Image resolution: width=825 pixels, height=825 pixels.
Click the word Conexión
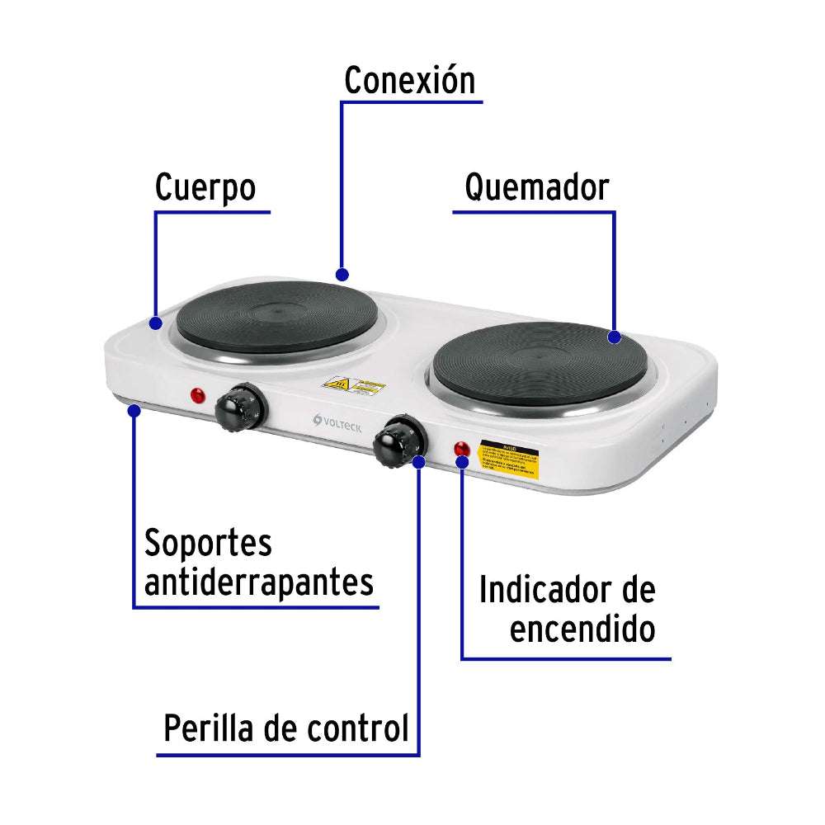click(409, 81)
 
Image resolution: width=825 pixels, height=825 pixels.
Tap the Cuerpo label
click(205, 188)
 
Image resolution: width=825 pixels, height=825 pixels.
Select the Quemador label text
click(536, 187)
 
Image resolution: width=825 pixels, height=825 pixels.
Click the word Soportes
click(208, 544)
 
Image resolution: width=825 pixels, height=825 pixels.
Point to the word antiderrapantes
click(259, 582)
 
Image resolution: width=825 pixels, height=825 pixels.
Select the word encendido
click(582, 630)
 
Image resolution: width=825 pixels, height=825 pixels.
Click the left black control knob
click(240, 406)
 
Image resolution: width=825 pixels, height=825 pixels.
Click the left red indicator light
click(198, 396)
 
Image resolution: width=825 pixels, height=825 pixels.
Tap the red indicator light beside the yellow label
click(461, 450)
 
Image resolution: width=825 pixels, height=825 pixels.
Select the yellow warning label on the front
click(510, 460)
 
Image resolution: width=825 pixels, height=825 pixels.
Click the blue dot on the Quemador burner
click(614, 337)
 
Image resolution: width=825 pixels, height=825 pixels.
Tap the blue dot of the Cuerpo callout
click(156, 323)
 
